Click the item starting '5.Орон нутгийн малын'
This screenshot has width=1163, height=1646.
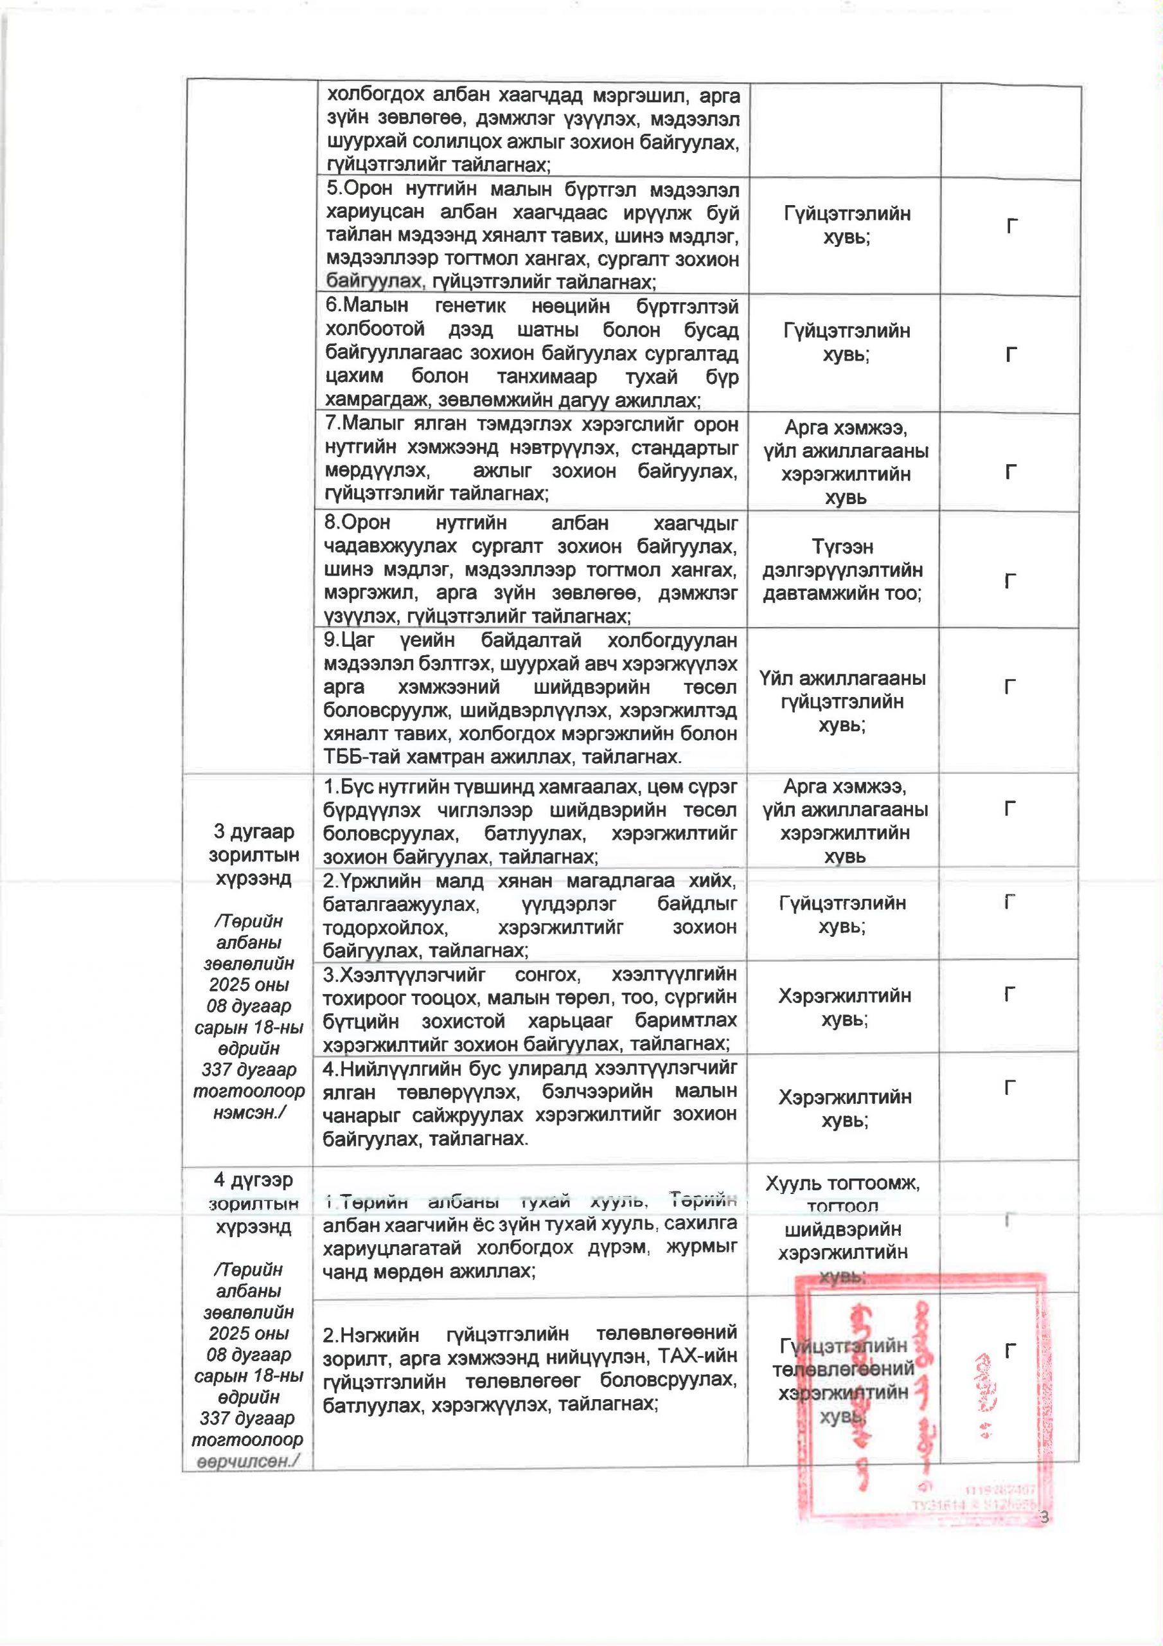tap(531, 236)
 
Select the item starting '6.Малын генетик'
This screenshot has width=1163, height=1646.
tap(531, 354)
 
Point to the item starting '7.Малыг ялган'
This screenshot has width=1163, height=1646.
tap(531, 460)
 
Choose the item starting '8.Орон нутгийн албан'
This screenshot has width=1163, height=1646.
tap(531, 570)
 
